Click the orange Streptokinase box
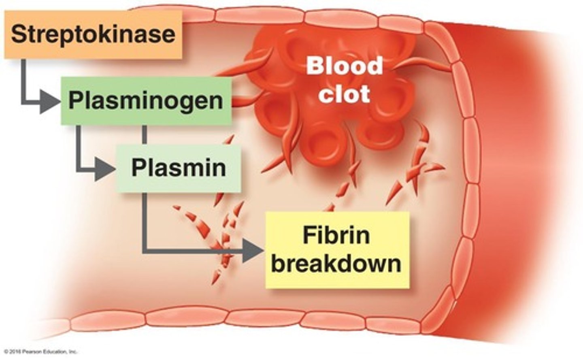click(93, 34)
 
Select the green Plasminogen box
click(146, 100)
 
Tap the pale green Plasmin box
click(179, 168)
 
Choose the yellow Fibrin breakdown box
click(337, 250)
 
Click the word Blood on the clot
click(344, 66)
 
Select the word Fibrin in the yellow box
click(336, 236)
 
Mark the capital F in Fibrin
click(310, 236)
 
